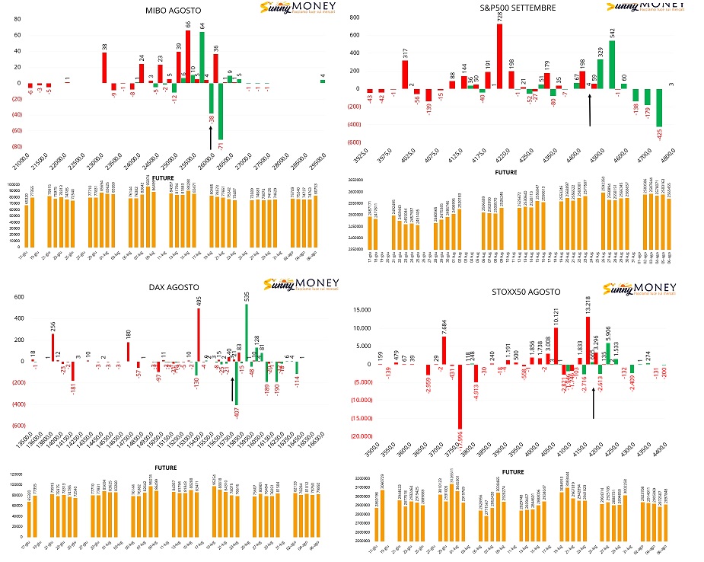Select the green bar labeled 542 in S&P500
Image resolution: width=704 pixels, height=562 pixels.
[612, 65]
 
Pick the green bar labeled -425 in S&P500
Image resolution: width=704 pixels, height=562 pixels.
[660, 107]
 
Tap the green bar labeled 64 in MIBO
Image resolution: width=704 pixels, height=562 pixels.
[202, 57]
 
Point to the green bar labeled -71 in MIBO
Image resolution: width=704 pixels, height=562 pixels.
[221, 110]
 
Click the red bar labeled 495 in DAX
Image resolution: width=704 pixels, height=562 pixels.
[198, 334]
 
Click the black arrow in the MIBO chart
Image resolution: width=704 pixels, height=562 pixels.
[211, 139]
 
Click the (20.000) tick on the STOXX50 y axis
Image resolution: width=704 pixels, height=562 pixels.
[358, 436]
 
